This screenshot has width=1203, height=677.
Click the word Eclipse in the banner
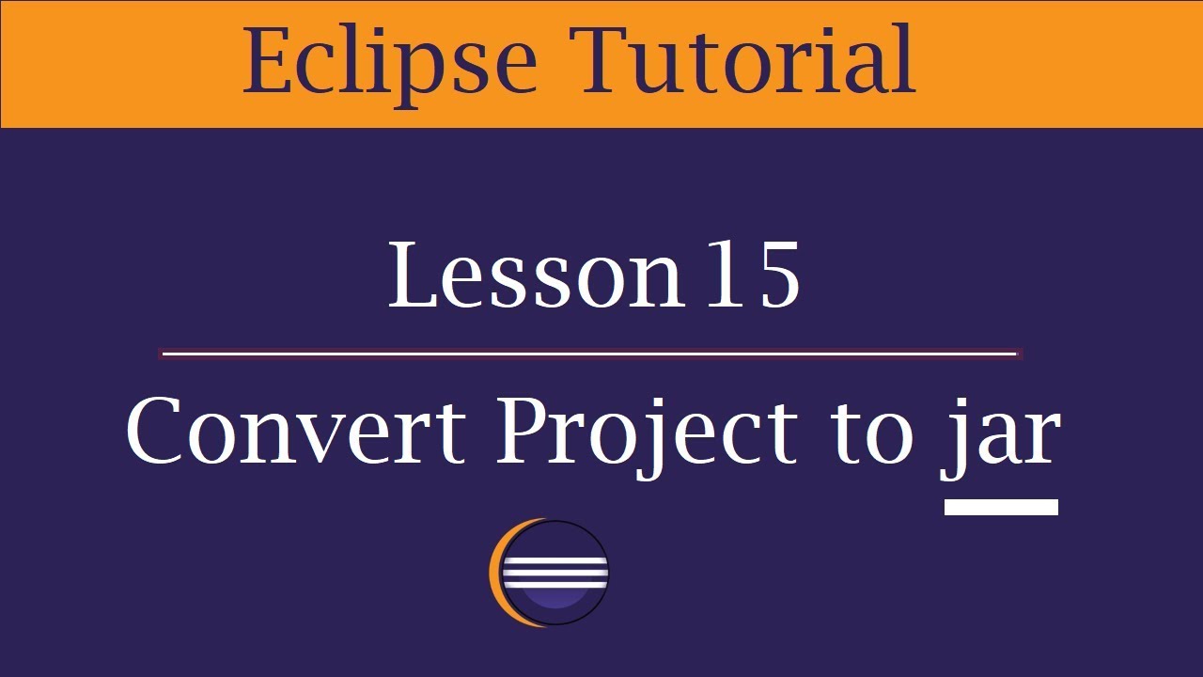coord(389,62)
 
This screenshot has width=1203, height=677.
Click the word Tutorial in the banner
coord(747,60)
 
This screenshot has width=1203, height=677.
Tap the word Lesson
coord(536,275)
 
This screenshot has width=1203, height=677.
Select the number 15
coord(753,275)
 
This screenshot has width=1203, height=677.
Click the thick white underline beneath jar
coord(1001,508)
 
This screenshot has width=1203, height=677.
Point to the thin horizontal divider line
coord(590,354)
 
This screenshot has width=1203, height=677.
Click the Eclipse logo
coord(550,573)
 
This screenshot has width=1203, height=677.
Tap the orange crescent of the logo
coord(497,573)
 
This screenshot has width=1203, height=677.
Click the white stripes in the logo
coord(555,570)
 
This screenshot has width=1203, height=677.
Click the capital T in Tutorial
coord(612,60)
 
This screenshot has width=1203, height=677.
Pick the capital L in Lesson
coord(413,275)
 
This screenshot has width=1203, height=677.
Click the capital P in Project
coord(523,431)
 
